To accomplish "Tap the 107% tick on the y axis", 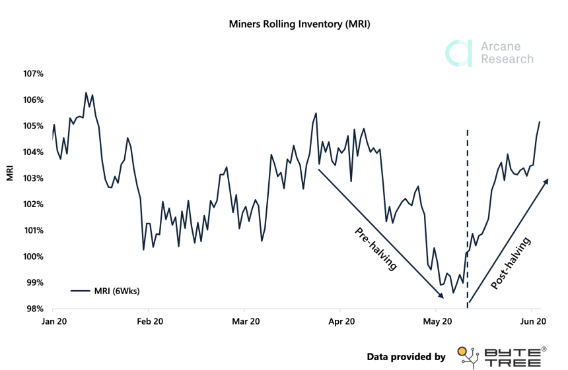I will pos(33,74).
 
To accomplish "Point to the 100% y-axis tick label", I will pos(33,257).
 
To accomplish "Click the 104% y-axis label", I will pos(33,152).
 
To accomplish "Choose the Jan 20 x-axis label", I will pos(53,322).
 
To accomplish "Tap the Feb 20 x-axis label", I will pos(149,322).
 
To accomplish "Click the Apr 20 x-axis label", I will pos(341,322).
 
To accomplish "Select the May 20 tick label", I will pos(437,322).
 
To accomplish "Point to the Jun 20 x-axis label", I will pos(532,322).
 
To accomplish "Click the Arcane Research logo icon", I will pos(458,53).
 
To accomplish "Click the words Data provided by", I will pos(406,357).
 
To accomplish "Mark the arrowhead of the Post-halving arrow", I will pos(546,181).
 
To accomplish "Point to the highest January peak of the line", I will pos(86,93).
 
